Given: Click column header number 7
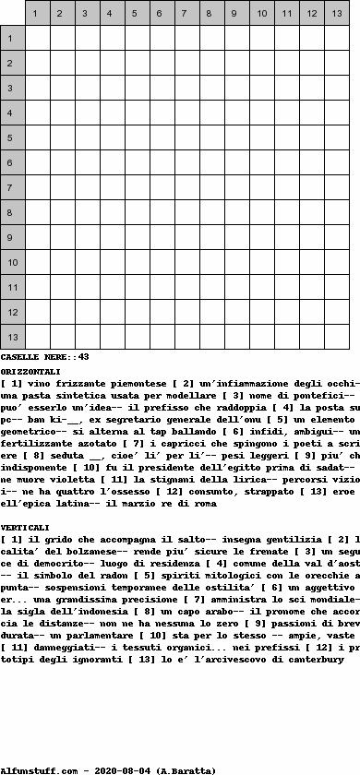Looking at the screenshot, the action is click(187, 13).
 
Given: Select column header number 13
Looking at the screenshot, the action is click(337, 13).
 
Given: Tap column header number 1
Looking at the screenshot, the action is click(38, 13).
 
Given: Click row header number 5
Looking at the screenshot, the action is click(13, 137).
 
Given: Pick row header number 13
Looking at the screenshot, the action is click(13, 337).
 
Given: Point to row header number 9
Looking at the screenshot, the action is click(13, 237).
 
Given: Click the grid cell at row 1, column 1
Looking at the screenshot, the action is click(38, 38).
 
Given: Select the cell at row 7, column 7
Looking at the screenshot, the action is click(187, 187).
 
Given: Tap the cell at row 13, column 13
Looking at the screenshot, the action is click(337, 337).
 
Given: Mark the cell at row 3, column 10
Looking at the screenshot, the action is click(262, 88).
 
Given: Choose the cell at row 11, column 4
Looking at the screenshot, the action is click(113, 287).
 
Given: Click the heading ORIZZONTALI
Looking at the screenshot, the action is click(31, 371).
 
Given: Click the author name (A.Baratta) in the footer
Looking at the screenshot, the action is click(186, 769).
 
